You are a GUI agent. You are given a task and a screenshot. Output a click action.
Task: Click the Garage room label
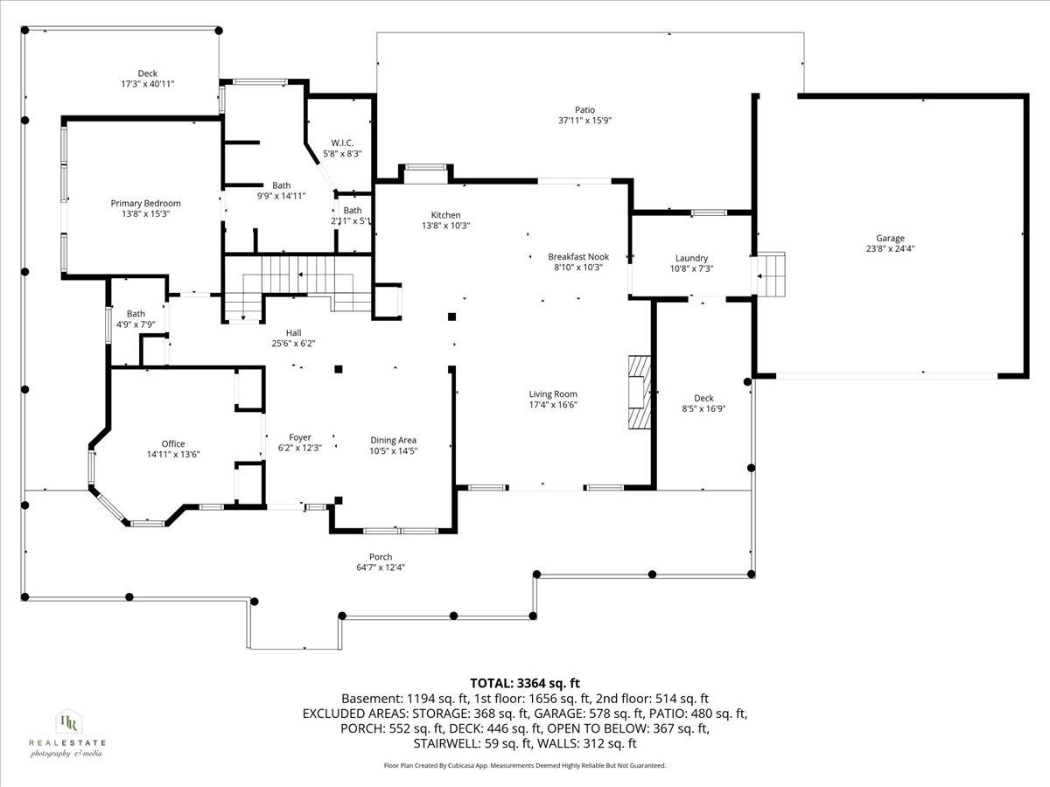click(x=890, y=238)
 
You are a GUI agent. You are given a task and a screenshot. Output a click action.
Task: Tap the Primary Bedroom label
click(x=145, y=204)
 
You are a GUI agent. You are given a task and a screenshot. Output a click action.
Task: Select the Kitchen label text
click(x=445, y=215)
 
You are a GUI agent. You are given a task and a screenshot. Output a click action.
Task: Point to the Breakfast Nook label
click(x=577, y=257)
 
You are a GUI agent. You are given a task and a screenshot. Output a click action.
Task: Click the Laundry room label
click(x=690, y=259)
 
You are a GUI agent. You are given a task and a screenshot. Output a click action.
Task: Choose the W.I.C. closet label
click(x=342, y=143)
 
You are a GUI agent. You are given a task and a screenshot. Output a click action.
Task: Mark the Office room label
click(x=172, y=443)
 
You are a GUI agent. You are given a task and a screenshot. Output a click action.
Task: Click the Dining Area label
click(x=393, y=440)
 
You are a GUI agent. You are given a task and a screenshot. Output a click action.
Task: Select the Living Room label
click(x=553, y=394)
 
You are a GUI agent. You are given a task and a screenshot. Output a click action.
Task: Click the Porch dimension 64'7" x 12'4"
click(x=381, y=568)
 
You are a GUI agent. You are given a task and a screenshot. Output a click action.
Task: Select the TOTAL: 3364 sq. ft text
click(x=525, y=683)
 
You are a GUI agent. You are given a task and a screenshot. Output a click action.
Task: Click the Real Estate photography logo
click(x=67, y=733)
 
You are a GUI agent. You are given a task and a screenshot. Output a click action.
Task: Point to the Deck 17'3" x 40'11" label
click(x=148, y=79)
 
